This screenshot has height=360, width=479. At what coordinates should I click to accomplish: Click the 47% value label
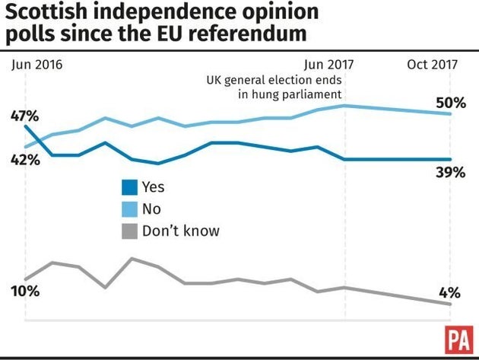tap(25, 116)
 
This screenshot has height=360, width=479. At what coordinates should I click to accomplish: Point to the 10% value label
tap(25, 292)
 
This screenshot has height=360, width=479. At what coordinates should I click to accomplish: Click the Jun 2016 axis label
tap(37, 65)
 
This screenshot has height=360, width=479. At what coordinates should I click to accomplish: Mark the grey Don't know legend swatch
tap(130, 230)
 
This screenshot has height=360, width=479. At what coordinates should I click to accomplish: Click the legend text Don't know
tap(180, 230)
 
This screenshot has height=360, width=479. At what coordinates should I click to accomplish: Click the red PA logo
tap(456, 339)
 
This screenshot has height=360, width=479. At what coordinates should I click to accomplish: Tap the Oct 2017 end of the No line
tap(451, 113)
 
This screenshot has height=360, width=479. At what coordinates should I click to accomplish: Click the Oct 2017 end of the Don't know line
tap(451, 304)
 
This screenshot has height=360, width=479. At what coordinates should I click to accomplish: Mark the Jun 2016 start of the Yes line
tap(25, 126)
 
